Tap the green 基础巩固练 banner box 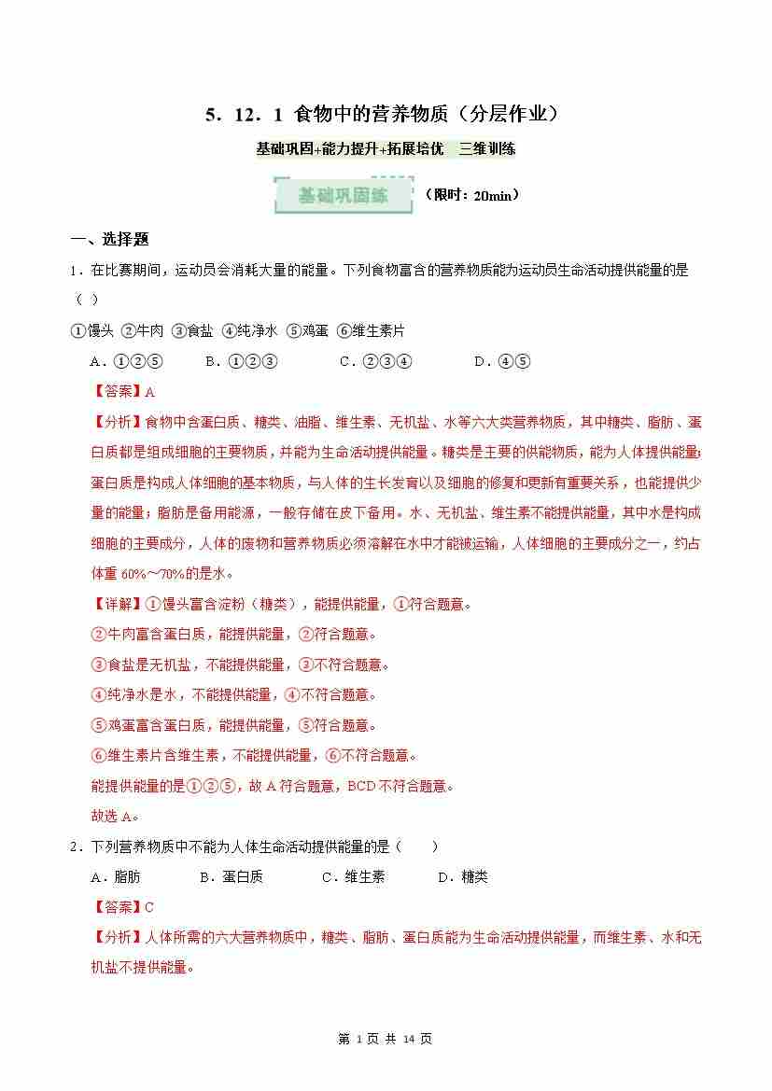[x=344, y=196]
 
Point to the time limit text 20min [x=471, y=196]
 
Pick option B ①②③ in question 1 [x=241, y=361]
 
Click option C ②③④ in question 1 [x=376, y=361]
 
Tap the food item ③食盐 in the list [x=192, y=331]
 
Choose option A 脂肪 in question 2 [x=115, y=877]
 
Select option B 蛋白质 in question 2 [x=232, y=877]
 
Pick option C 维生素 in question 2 [x=353, y=877]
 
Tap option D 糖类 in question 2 [x=463, y=877]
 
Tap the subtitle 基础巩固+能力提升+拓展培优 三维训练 [x=386, y=148]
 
